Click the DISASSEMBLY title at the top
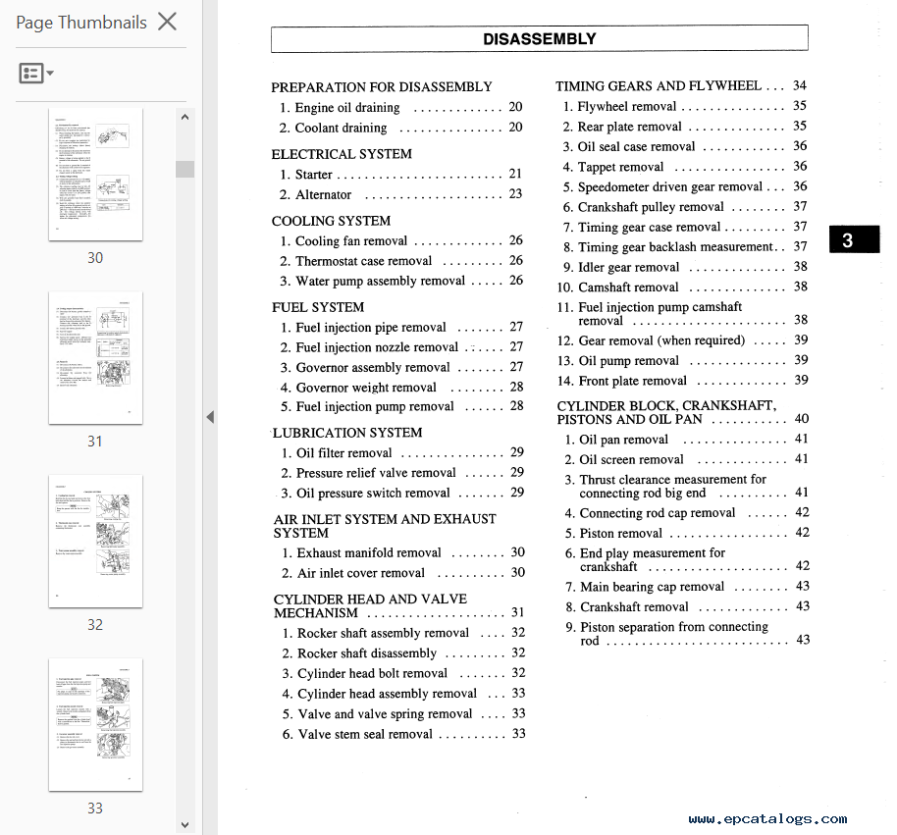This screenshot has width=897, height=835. click(x=539, y=39)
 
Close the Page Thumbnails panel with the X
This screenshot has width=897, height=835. click(x=168, y=22)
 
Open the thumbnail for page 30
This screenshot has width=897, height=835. click(x=95, y=174)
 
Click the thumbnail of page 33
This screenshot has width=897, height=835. click(x=95, y=724)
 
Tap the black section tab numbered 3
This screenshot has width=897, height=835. click(x=847, y=240)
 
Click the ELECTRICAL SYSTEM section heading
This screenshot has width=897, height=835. click(x=342, y=154)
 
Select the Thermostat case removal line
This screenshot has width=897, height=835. click(x=363, y=261)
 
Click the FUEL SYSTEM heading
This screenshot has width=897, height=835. click(x=318, y=307)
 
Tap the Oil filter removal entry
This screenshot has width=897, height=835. click(x=343, y=452)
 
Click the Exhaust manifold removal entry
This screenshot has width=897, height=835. click(x=369, y=552)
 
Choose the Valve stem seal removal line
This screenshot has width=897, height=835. click(x=365, y=733)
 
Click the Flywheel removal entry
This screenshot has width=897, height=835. click(x=627, y=106)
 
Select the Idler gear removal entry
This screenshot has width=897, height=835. click(x=628, y=267)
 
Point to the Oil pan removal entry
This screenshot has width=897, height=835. click(x=624, y=440)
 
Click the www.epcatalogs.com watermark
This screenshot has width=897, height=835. click(x=767, y=819)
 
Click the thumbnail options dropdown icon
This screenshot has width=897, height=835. click(x=36, y=74)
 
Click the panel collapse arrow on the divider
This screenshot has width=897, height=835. click(x=210, y=417)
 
